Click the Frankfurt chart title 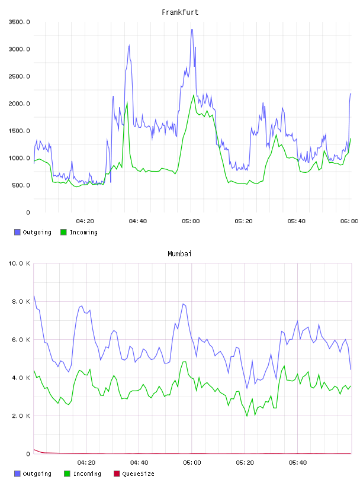tap(180, 12)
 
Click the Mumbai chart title tap(179, 253)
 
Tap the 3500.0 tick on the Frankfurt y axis tap(19, 22)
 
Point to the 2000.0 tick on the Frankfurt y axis tap(19, 104)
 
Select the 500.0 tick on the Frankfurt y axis tap(21, 185)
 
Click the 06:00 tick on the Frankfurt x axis tap(349, 221)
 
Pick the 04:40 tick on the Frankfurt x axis tap(138, 221)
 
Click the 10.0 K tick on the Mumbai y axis tap(19, 263)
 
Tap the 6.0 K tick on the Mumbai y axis tap(21, 339)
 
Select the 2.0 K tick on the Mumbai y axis tap(21, 416)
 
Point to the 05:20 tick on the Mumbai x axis tap(245, 462)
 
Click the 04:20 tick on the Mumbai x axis tap(86, 462)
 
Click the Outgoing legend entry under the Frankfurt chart tap(33, 232)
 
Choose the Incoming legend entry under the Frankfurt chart tap(79, 232)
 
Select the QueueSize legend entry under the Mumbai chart tap(134, 474)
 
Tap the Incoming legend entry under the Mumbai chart tap(82, 474)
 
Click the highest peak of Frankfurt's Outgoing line tap(192, 30)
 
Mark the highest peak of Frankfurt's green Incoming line tap(194, 95)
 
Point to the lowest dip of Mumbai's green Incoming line tap(247, 416)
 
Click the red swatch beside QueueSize tap(117, 474)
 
